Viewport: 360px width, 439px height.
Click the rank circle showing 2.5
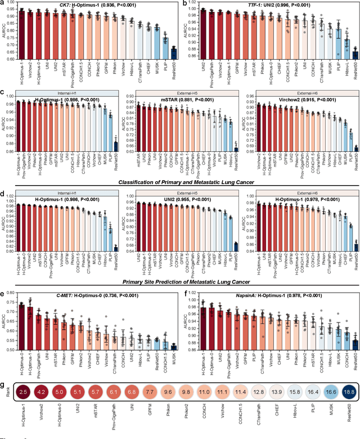(24, 406)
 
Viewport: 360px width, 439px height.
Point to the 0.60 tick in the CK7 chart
(11, 59)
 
